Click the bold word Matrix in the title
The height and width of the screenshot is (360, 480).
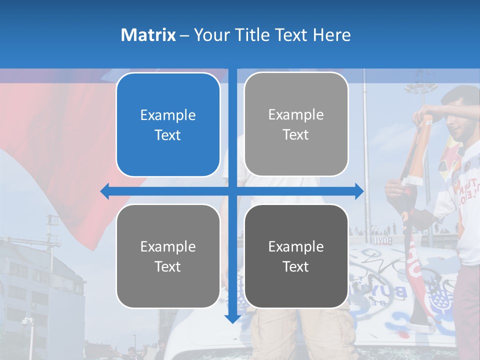click(x=148, y=35)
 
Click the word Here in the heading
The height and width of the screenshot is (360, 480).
click(x=331, y=35)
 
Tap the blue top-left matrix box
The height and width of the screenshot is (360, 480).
click(x=168, y=125)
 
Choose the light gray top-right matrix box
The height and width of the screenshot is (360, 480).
click(x=296, y=124)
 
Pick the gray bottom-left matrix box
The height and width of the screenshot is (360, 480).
click(x=168, y=256)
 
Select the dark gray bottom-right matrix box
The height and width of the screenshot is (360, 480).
click(x=296, y=256)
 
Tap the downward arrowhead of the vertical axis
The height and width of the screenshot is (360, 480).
click(x=232, y=318)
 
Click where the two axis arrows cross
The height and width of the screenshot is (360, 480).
click(x=232, y=191)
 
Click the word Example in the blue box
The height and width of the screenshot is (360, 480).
click(x=168, y=115)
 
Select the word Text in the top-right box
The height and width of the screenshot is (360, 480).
click(x=296, y=134)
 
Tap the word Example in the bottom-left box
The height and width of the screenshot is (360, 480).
click(x=168, y=246)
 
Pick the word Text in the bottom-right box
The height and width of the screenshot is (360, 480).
click(x=296, y=266)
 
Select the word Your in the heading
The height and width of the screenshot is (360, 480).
click(x=210, y=35)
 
